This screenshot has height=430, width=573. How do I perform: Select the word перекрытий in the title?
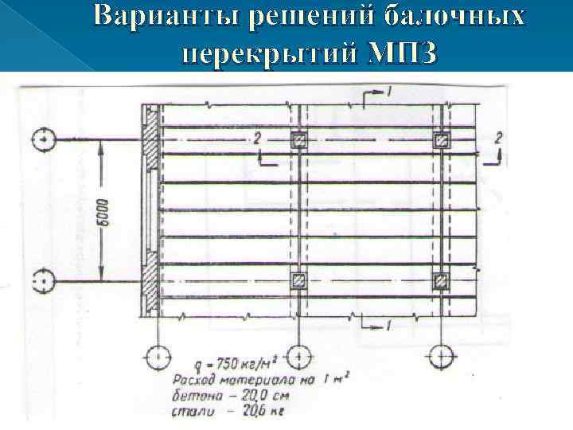[267, 53]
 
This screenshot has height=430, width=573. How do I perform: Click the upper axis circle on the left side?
[43, 140]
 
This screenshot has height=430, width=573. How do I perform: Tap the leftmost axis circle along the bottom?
[158, 356]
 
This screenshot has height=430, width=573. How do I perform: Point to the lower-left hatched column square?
[298, 280]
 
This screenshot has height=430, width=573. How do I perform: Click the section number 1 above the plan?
[389, 94]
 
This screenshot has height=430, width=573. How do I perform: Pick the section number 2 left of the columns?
[257, 139]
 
